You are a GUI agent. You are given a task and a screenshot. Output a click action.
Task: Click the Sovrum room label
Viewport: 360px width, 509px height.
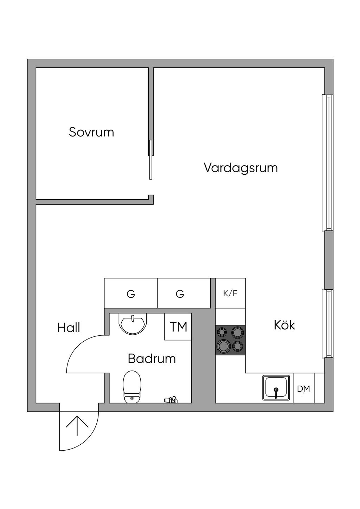click(x=91, y=132)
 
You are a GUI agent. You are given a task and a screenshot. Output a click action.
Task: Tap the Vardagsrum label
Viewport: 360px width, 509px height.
click(x=241, y=168)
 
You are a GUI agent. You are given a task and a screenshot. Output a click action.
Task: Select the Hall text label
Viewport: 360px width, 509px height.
click(x=69, y=328)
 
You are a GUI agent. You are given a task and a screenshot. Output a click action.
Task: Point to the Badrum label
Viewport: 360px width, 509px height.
click(x=152, y=359)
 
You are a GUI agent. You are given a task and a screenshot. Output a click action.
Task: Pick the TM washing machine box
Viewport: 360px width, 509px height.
click(x=178, y=327)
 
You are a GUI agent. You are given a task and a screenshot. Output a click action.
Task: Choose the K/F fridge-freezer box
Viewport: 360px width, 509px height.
click(x=230, y=293)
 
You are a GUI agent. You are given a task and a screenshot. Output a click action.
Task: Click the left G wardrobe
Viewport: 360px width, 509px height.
click(x=131, y=293)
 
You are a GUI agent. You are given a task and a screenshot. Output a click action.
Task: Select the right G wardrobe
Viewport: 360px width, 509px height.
click(x=184, y=293)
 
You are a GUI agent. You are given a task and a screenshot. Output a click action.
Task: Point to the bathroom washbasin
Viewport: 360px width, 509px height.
click(x=133, y=322)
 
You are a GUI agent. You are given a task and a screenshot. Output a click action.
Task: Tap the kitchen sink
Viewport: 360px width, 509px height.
click(x=276, y=388)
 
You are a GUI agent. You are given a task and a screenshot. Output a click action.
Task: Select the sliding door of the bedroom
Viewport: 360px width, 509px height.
click(x=150, y=160)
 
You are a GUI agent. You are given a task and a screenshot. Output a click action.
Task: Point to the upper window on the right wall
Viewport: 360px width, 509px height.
click(x=328, y=163)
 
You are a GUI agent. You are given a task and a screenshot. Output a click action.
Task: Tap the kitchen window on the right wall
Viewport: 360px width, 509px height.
click(x=328, y=324)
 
